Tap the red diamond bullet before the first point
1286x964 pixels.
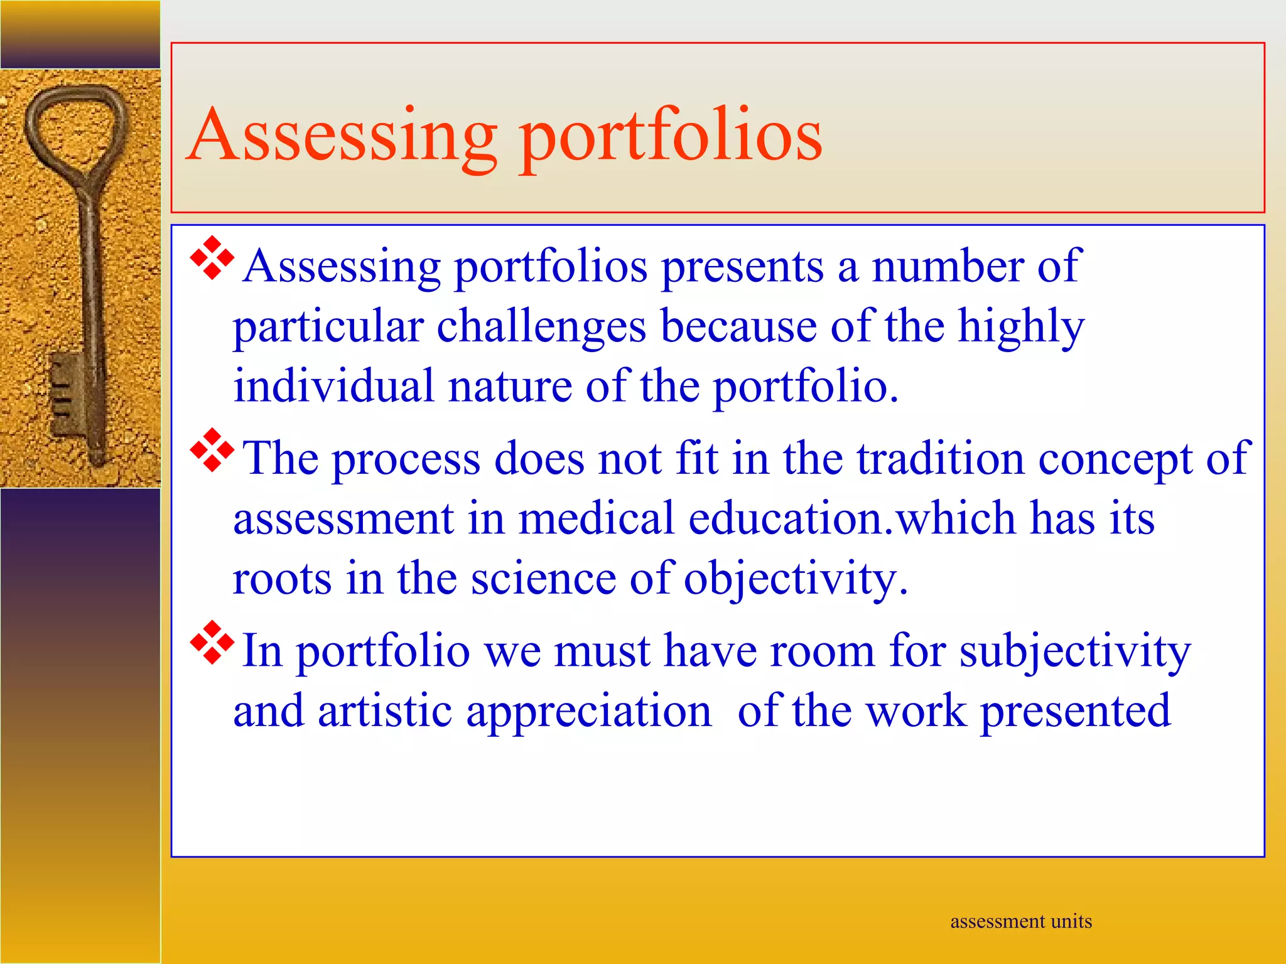[x=212, y=257]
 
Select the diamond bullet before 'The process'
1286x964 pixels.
[x=212, y=449]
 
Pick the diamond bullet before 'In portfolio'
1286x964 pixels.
[x=212, y=641]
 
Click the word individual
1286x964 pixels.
[x=333, y=386]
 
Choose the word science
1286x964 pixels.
[x=544, y=579]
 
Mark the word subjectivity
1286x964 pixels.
[x=1074, y=651]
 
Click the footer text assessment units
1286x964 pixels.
[x=1021, y=921]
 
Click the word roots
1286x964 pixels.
[x=282, y=579]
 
